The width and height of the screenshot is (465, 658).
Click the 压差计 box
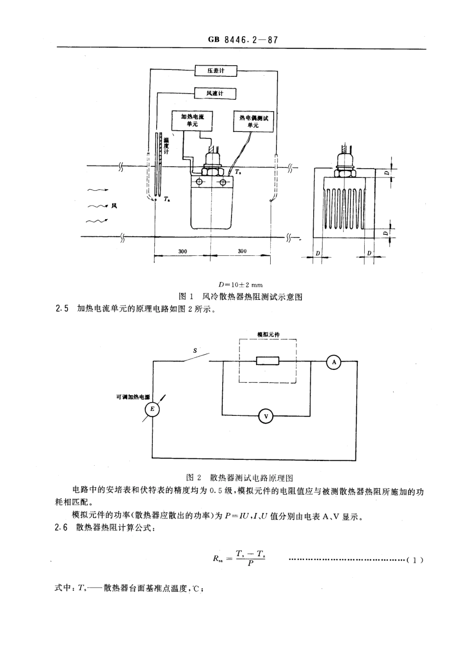(x=215, y=71)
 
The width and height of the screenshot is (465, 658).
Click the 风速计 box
(x=215, y=93)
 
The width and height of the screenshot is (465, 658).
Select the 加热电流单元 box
(x=192, y=120)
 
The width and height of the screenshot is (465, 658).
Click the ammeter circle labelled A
(x=334, y=362)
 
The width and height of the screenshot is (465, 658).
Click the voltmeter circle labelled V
(x=266, y=416)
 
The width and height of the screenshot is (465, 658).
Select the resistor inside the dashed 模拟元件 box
(x=268, y=362)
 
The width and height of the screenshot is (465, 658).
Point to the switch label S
(x=195, y=350)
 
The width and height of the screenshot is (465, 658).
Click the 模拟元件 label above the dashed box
(x=268, y=335)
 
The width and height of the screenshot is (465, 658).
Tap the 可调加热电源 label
(x=130, y=397)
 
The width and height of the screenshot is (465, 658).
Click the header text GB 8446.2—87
(x=243, y=40)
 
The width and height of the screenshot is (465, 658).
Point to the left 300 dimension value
(x=183, y=251)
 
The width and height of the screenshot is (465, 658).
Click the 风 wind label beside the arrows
(x=114, y=206)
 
